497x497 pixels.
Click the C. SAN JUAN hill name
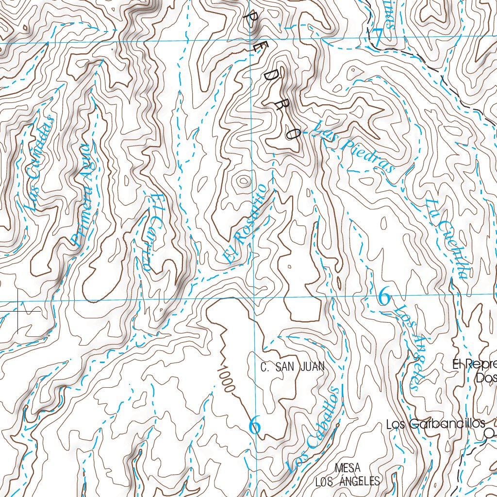click(x=292, y=367)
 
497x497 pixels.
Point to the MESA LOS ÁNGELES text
click(x=347, y=475)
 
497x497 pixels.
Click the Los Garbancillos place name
click(x=435, y=424)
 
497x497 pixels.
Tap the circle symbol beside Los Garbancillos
click(x=490, y=432)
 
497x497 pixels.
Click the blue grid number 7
click(x=377, y=37)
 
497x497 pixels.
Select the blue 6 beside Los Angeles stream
click(x=384, y=296)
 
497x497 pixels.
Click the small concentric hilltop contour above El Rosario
click(x=242, y=182)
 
